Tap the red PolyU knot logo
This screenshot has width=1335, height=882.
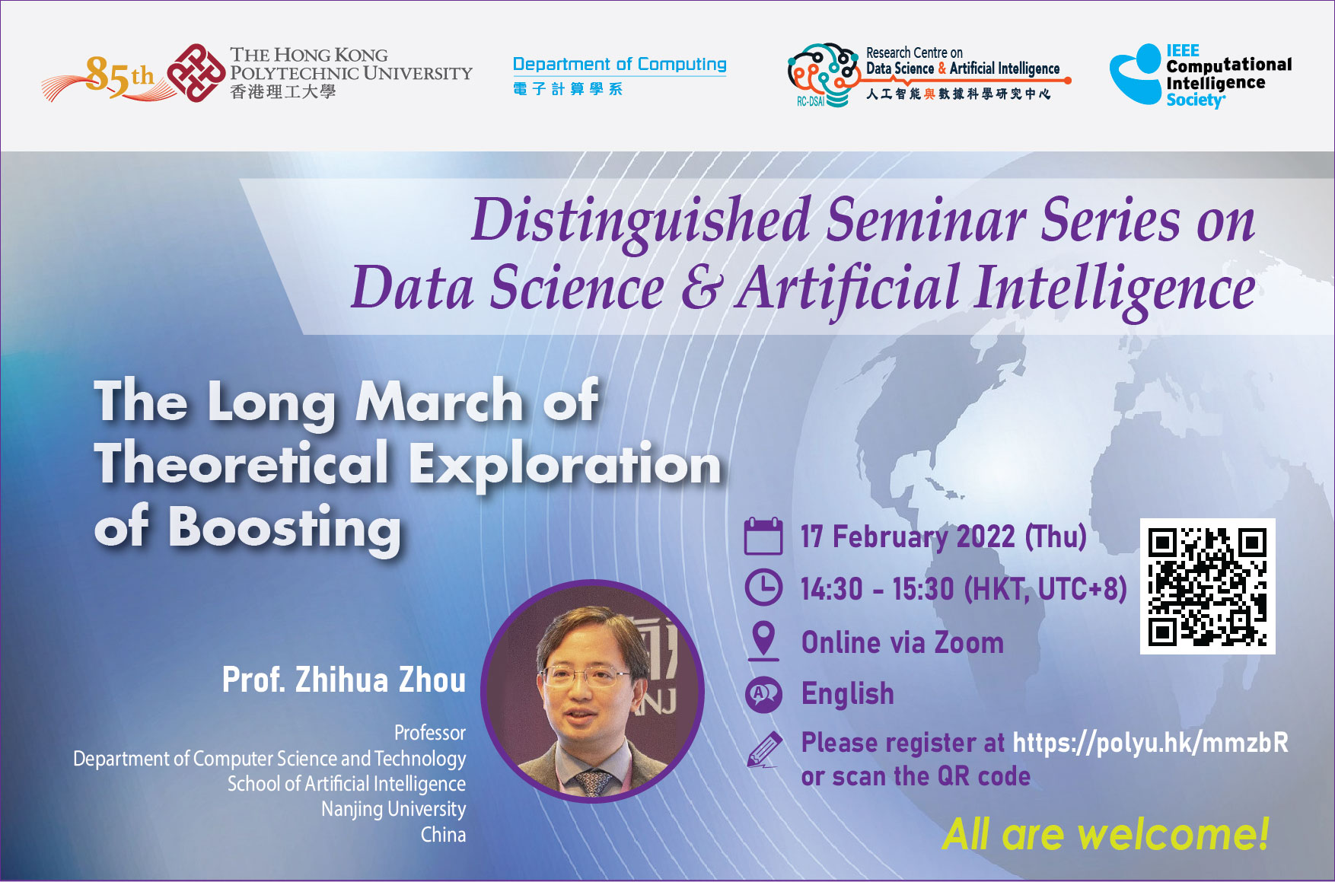(196, 73)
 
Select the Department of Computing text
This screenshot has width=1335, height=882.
(620, 65)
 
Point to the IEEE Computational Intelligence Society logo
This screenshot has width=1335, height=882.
(1200, 75)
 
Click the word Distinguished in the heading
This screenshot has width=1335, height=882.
(641, 221)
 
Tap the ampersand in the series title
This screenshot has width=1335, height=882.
(699, 288)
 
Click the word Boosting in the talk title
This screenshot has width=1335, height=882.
(285, 528)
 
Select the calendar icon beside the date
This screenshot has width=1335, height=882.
(763, 537)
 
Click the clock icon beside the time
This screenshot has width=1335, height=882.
(763, 587)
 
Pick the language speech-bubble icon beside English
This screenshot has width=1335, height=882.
(763, 694)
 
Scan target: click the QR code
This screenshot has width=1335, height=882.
(1207, 587)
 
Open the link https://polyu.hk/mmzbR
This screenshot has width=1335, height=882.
(1150, 743)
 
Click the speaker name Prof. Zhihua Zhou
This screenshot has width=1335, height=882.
(343, 680)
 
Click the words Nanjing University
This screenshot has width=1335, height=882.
(393, 809)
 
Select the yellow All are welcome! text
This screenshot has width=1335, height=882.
(1105, 834)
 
